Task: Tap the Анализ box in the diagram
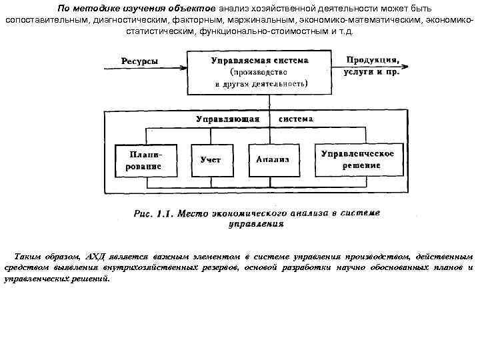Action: [272, 160]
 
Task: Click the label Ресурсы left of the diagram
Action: [140, 61]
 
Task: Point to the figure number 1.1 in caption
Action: [164, 214]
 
